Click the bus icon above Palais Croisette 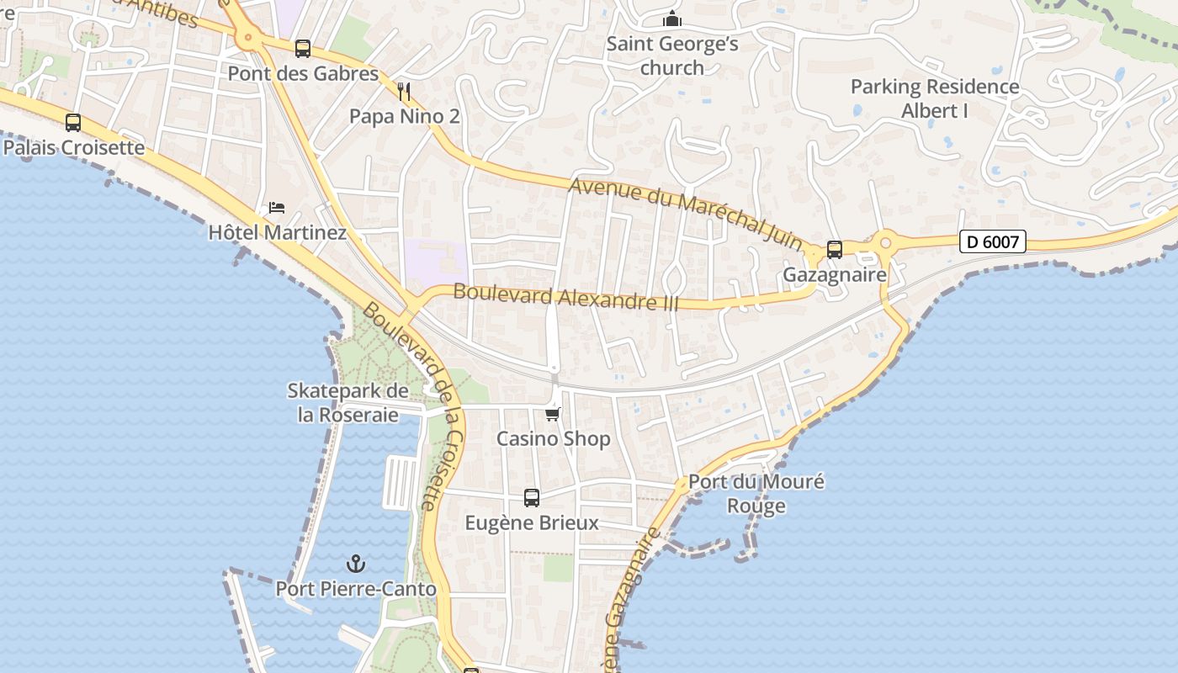(x=73, y=123)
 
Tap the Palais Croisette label (x=73, y=148)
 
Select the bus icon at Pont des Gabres (x=303, y=49)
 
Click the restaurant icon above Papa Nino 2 (x=405, y=91)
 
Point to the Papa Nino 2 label (x=405, y=116)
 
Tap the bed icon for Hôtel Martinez (x=277, y=207)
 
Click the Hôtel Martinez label (x=277, y=232)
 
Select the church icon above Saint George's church (x=672, y=19)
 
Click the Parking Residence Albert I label (x=935, y=98)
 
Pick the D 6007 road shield (x=993, y=242)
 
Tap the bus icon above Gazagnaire (x=835, y=250)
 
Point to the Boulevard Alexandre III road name (x=565, y=297)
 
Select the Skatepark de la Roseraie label (x=348, y=402)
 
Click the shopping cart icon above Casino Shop (x=553, y=414)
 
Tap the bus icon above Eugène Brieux (x=532, y=498)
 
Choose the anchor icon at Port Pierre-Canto (x=356, y=564)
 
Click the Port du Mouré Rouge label (x=756, y=494)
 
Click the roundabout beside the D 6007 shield (x=885, y=244)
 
